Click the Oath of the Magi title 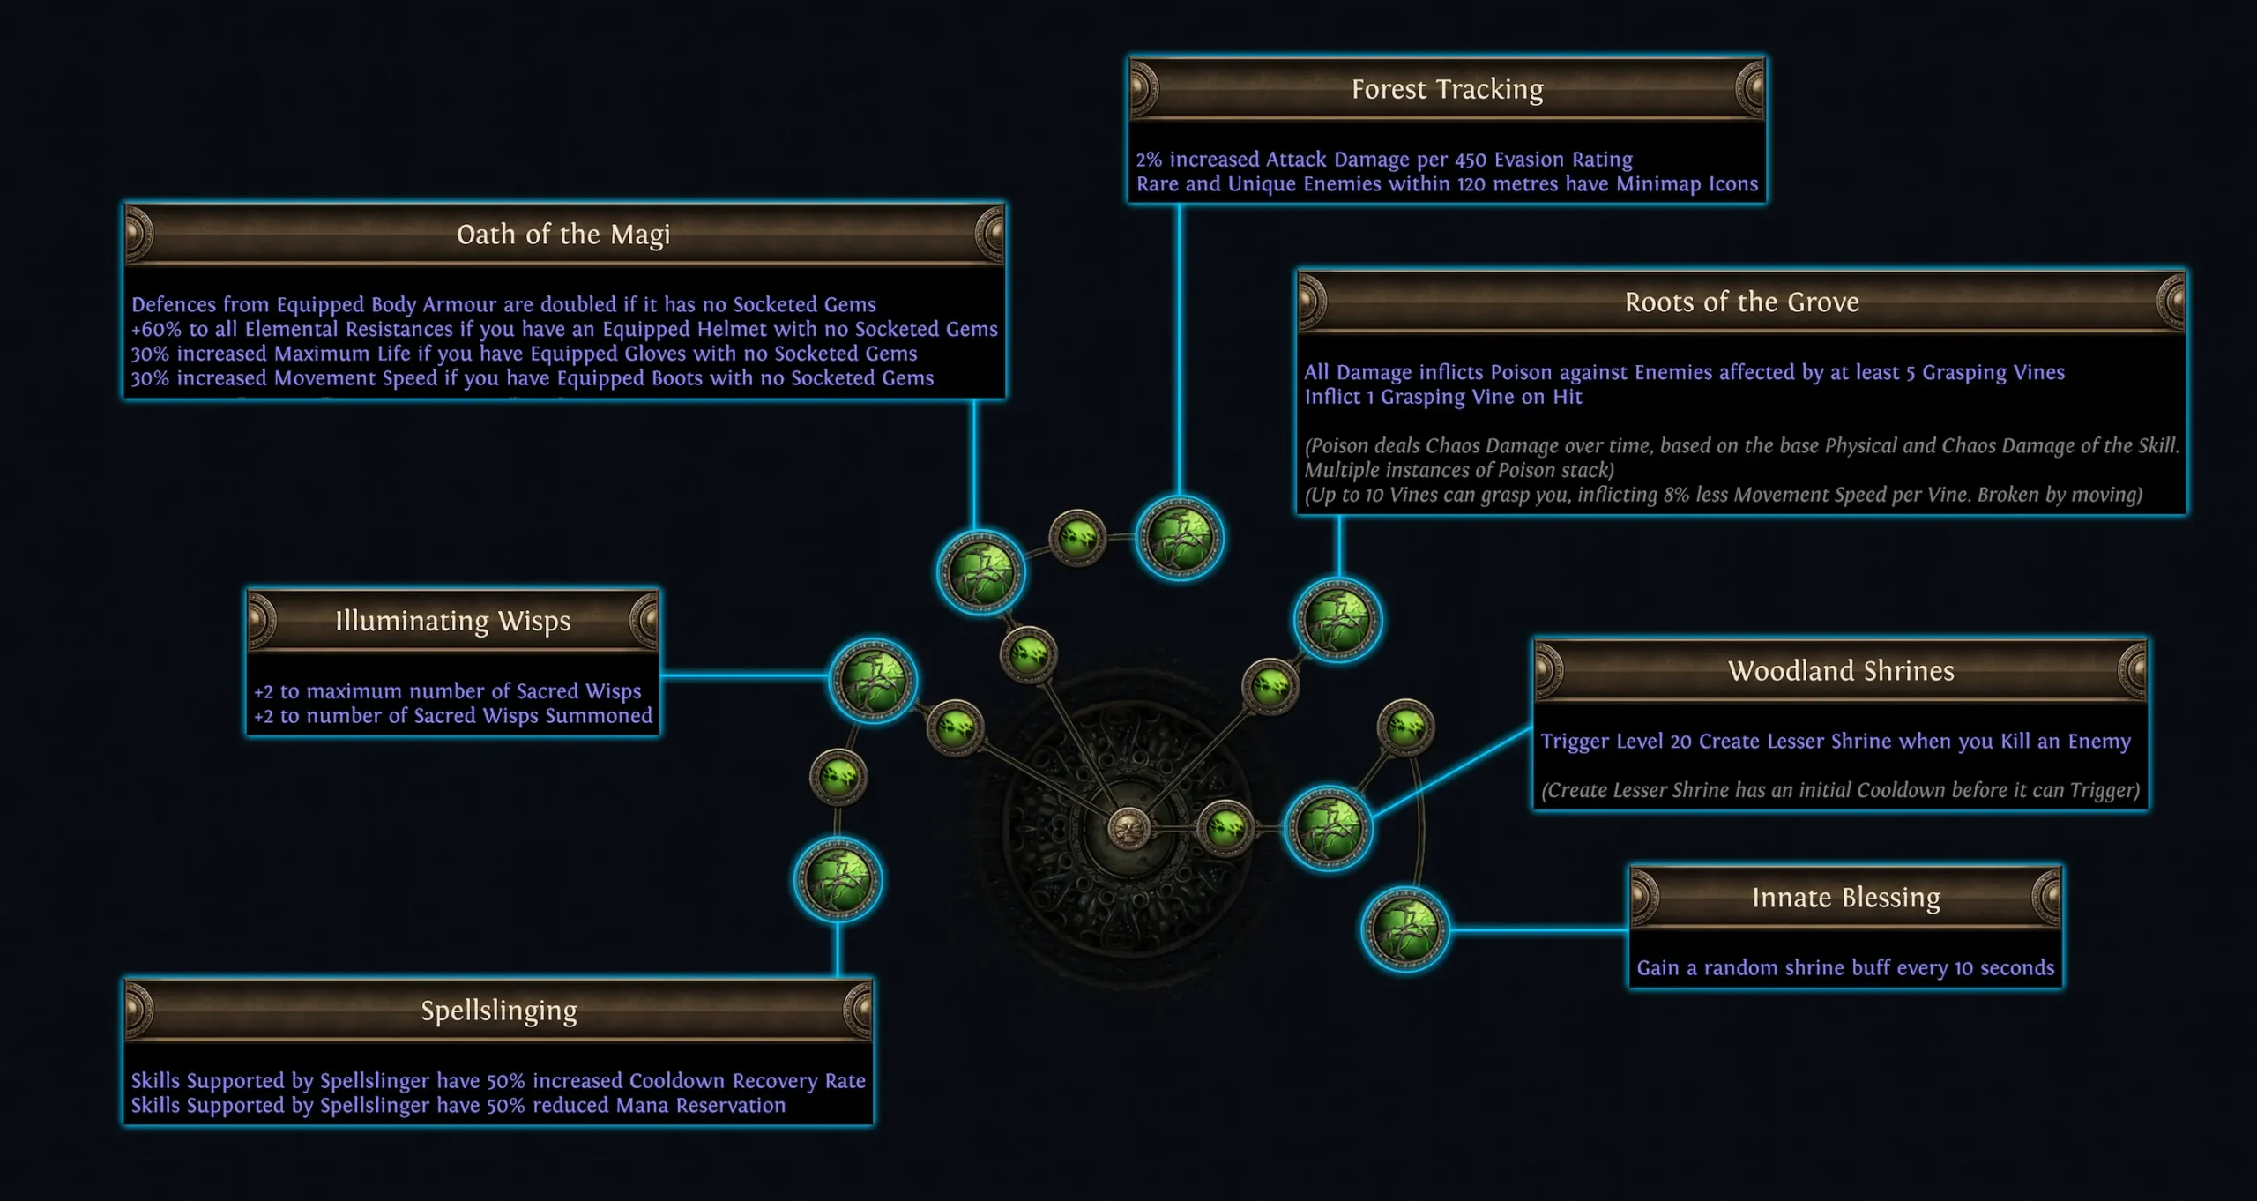(563, 235)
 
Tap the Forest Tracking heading (1447, 89)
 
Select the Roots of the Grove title (1741, 302)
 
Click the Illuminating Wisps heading (452, 622)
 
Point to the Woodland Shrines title (1841, 671)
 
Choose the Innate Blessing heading (1845, 898)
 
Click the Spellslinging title (498, 1011)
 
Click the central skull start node (1128, 829)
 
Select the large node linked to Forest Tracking (1179, 538)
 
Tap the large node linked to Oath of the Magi (980, 572)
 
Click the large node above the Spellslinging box (838, 880)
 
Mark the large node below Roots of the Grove (1337, 620)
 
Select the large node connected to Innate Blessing (1404, 929)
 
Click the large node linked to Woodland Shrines (1328, 828)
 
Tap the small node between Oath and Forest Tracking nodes (1077, 537)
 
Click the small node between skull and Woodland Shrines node (1226, 828)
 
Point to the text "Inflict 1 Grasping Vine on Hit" (1443, 397)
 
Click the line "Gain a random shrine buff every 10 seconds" (1845, 968)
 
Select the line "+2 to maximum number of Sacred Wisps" (447, 691)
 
